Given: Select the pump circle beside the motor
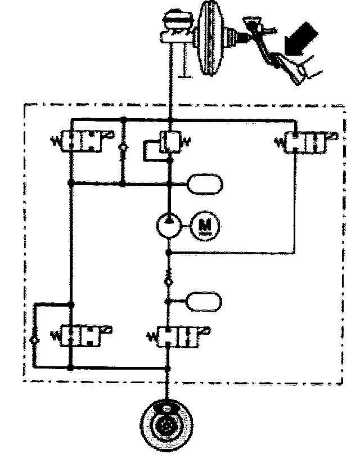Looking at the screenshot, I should pos(169,226).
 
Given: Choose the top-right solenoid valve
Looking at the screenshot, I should pos(308,141).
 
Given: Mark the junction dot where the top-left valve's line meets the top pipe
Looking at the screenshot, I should pos(123,119).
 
